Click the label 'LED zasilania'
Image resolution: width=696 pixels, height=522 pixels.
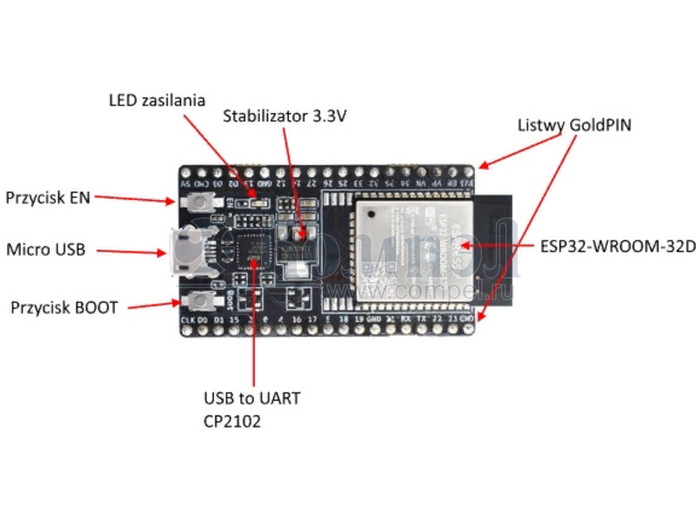point(157,100)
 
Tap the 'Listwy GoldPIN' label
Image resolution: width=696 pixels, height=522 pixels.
point(574,124)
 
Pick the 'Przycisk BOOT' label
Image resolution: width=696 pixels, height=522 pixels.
point(64,307)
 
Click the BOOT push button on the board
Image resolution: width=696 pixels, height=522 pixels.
point(202,301)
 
